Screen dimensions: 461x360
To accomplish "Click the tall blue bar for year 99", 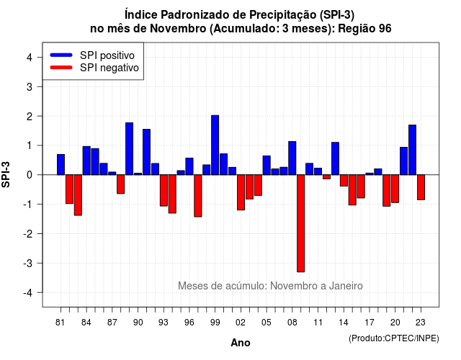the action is coord(215,145).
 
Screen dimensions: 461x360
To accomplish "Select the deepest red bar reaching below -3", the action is coord(301,223).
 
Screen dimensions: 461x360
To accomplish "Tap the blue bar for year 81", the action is coord(61,165).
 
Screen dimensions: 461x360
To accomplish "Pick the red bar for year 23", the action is coord(421,187).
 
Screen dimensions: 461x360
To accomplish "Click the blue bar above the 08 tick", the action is coord(292,158).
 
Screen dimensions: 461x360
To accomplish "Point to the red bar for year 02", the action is coord(241,192).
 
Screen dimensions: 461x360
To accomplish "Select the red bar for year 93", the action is coord(164,190).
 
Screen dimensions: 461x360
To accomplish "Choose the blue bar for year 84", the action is coord(86,161).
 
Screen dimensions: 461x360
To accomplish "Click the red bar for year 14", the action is coord(344,181).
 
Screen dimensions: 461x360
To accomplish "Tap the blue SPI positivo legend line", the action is coord(61,55).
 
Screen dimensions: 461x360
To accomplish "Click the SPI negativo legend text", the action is coord(109,68).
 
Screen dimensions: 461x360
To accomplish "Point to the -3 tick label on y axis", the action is coord(29,263).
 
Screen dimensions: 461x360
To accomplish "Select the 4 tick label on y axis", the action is coord(30,58).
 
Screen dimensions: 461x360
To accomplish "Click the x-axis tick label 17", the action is coord(370,323).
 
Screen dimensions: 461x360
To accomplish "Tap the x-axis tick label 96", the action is coord(189,323).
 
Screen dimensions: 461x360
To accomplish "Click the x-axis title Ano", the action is coord(241,343).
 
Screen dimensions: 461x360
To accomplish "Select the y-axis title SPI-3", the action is coord(6,174).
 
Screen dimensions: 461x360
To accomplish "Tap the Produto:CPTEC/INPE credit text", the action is coord(394,338).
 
